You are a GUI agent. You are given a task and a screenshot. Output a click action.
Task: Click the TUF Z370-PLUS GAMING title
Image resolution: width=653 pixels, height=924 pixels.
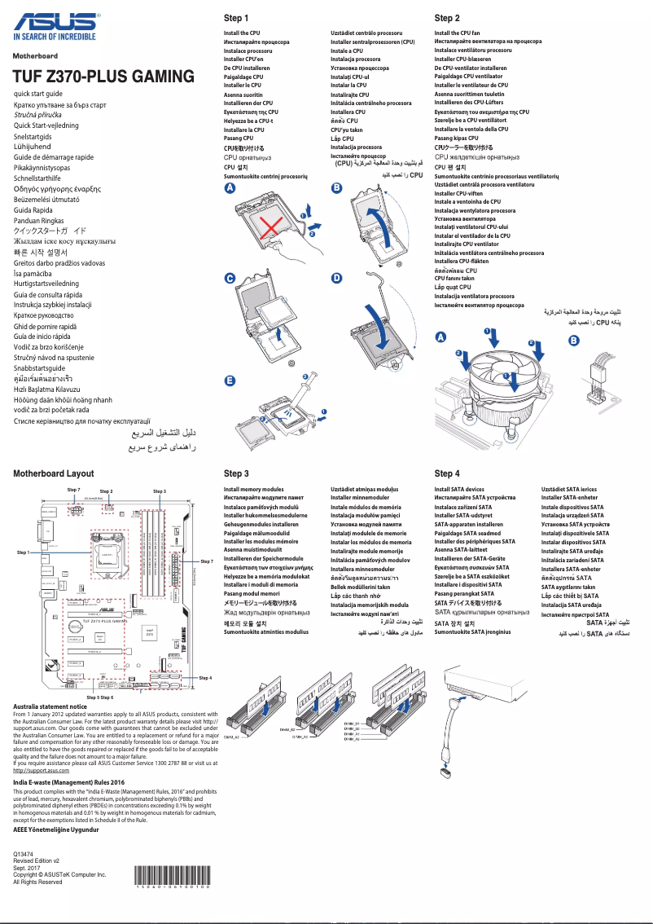coord(103,77)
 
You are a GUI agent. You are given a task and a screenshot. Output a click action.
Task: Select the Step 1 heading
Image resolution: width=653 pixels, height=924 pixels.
coord(236,18)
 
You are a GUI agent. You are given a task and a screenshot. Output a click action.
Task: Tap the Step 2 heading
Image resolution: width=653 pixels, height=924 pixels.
coord(447,18)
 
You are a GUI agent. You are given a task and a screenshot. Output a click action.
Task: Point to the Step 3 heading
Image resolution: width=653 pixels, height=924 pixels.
coord(236,473)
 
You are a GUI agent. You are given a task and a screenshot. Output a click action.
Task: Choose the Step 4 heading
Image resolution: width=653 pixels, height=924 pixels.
coord(447,473)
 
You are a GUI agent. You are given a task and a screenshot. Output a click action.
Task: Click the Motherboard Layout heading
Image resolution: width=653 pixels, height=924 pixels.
coord(54,473)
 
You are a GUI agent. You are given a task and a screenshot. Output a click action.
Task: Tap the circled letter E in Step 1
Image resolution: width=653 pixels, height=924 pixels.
coord(230,381)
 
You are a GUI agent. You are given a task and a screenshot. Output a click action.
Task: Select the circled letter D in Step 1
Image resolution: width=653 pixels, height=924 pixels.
coord(336,278)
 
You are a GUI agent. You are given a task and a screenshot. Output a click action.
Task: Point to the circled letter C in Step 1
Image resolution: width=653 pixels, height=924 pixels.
coord(230,278)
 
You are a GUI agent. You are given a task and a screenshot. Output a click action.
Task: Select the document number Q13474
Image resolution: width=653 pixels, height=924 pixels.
coord(24,853)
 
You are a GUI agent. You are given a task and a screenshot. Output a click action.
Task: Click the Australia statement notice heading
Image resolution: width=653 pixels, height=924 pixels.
coord(50,706)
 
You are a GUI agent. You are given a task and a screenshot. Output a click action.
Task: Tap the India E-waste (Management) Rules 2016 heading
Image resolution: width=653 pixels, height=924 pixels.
coord(72,782)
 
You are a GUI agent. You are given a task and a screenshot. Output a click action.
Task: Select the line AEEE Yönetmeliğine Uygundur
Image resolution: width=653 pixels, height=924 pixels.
coord(56,829)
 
